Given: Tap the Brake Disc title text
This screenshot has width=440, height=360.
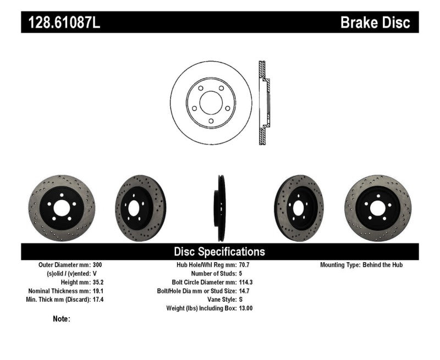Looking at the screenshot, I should (x=375, y=23).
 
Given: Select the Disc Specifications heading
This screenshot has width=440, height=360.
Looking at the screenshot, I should (x=219, y=252).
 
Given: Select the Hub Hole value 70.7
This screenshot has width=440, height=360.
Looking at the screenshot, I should (x=245, y=265).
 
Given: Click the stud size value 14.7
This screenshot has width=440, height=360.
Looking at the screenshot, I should (x=245, y=291).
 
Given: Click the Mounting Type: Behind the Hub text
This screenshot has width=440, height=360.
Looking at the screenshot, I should (x=361, y=265).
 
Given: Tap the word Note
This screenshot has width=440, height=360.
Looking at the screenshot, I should (x=61, y=319).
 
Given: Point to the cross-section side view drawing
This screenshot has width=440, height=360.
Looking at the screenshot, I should (x=263, y=103).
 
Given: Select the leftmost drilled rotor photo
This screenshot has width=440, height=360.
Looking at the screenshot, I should (x=61, y=208).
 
